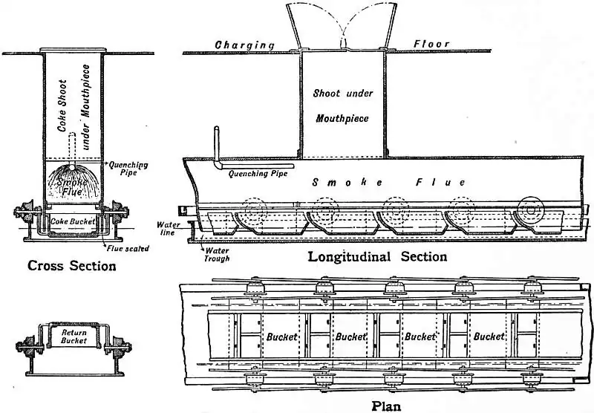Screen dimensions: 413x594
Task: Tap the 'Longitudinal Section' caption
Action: click(x=377, y=257)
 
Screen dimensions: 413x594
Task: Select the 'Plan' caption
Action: click(x=386, y=406)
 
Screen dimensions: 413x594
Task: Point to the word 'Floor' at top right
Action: click(x=431, y=44)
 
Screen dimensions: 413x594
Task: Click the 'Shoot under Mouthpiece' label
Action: click(x=342, y=105)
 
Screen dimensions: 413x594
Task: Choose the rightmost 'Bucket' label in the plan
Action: click(x=489, y=336)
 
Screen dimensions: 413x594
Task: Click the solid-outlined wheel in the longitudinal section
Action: click(x=532, y=211)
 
